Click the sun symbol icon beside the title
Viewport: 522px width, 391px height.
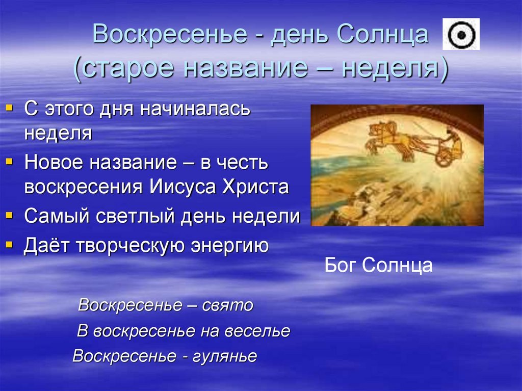pos(461,34)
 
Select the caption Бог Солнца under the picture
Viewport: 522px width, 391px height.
pos(378,265)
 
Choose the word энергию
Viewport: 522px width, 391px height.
pos(229,246)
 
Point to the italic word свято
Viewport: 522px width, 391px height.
pos(228,305)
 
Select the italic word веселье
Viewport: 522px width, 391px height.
pos(257,331)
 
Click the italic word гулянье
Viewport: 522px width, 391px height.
pos(225,356)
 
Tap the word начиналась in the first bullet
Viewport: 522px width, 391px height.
pos(195,109)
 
